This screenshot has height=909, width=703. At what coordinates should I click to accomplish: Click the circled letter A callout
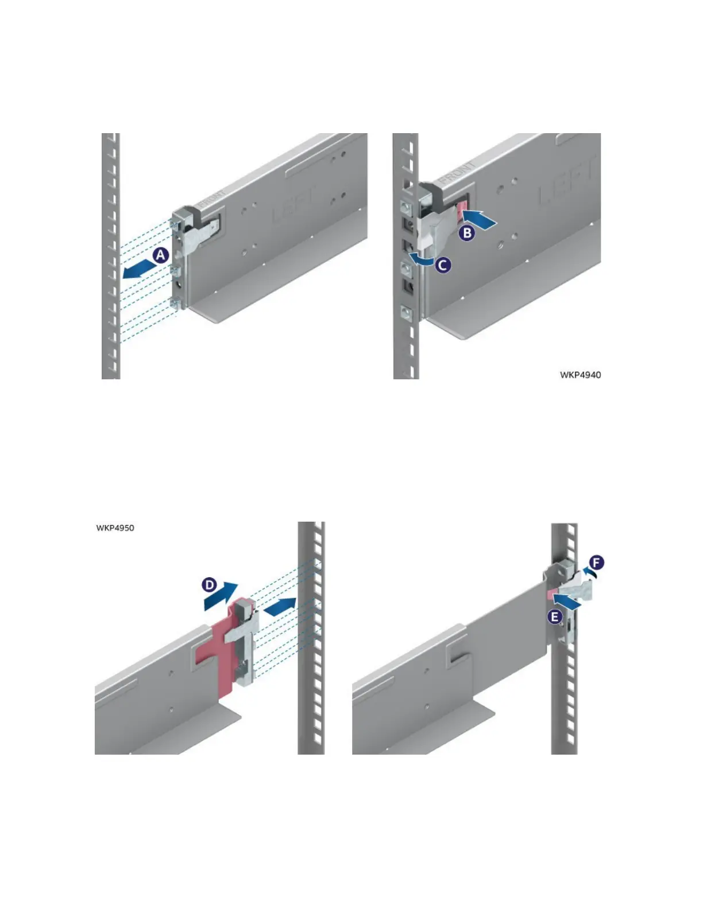click(x=161, y=254)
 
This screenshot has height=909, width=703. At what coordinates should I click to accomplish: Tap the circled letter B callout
click(x=468, y=233)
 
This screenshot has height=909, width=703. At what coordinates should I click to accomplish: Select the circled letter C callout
click(x=443, y=265)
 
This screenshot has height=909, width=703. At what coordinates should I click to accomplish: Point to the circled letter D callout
click(x=210, y=585)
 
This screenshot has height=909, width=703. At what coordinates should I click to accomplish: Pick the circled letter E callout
click(x=554, y=617)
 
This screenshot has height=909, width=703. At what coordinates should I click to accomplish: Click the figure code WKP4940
click(x=580, y=375)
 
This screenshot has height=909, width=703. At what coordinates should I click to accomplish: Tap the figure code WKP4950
click(x=115, y=527)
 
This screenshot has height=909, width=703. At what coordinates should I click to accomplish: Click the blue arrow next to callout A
click(x=138, y=270)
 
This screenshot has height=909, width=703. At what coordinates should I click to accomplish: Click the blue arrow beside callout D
click(x=221, y=595)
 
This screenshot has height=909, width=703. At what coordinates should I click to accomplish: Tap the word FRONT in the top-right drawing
click(x=458, y=171)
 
